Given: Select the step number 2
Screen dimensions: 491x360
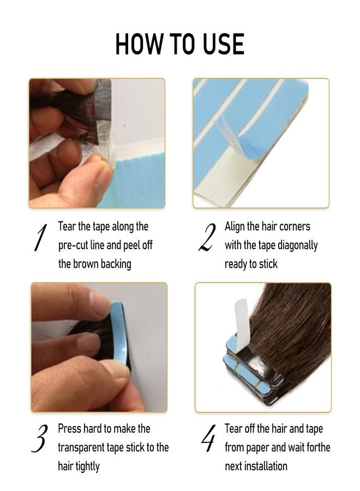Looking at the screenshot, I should coord(206,239).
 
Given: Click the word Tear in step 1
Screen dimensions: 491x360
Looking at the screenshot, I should coord(68,226).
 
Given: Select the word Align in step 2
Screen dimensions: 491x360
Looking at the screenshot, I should coord(236,226).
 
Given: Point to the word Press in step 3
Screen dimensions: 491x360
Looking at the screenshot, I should coord(70,429).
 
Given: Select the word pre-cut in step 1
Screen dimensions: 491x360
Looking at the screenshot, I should coord(75,245).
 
